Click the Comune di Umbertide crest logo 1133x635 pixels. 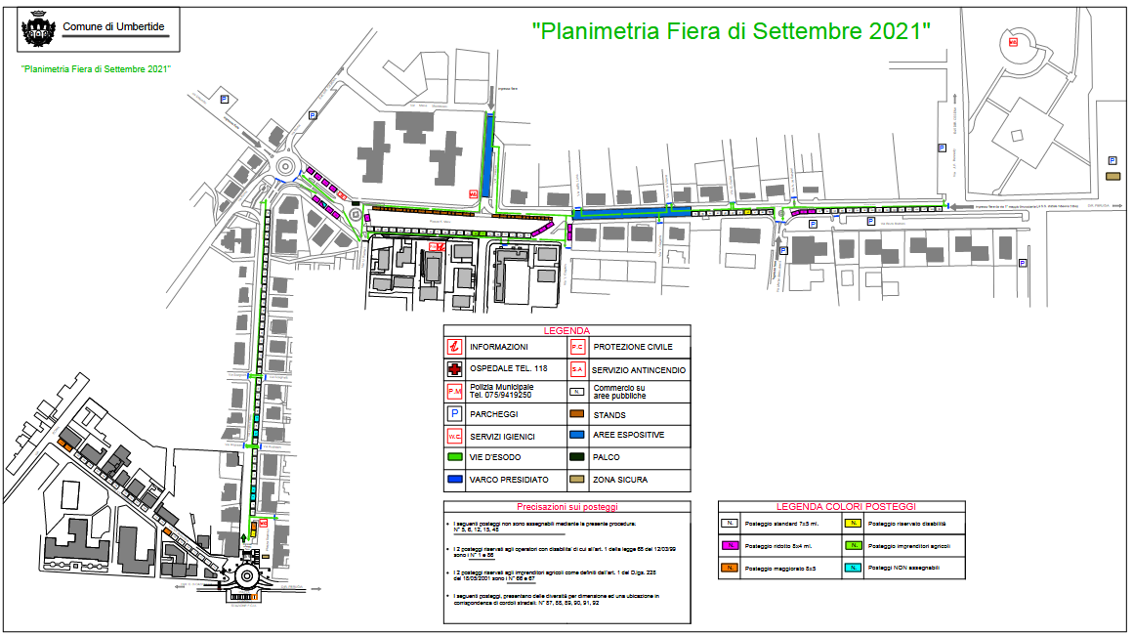[x=37, y=30]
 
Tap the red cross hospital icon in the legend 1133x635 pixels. [x=454, y=369]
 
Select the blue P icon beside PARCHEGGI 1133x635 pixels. [x=454, y=413]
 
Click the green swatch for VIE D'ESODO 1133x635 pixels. [x=454, y=457]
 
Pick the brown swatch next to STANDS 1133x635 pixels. [x=577, y=414]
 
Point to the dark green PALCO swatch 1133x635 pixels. [x=577, y=457]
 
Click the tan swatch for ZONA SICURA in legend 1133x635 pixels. [x=577, y=480]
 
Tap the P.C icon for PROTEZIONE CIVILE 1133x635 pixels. [x=577, y=347]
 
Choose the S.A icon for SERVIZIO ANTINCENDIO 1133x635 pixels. [x=577, y=369]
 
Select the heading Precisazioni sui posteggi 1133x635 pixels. [x=566, y=506]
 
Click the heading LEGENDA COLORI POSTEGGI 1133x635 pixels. [x=846, y=506]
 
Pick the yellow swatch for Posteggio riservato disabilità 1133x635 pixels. [x=854, y=525]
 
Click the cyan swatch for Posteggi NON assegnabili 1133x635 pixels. [x=854, y=567]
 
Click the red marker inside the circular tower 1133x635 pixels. [x=1013, y=42]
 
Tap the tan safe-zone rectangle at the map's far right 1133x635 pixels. [x=1112, y=176]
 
